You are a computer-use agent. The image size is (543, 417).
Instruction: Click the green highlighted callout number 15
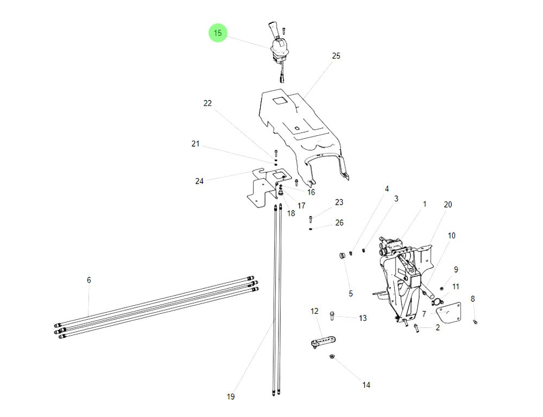[x=218, y=33]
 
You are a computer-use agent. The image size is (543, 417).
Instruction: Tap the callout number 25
[x=336, y=56]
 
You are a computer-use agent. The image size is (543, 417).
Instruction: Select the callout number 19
[x=231, y=397]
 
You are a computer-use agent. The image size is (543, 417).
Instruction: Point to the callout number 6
[x=89, y=280]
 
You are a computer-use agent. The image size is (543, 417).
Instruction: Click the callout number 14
[x=367, y=385]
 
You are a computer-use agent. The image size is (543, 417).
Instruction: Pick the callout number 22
[x=207, y=103]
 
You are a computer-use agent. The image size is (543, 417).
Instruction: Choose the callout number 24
[x=199, y=181]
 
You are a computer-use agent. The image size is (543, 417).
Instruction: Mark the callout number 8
[x=472, y=299]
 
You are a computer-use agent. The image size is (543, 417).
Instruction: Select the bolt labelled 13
[x=332, y=315]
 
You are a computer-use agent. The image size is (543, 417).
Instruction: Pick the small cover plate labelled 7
[x=449, y=314]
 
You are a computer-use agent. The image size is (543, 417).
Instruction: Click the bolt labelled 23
[x=311, y=219]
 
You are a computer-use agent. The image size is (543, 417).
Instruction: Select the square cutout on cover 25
[x=281, y=101]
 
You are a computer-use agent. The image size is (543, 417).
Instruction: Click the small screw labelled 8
[x=475, y=321]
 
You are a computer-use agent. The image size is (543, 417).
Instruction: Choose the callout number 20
[x=448, y=205]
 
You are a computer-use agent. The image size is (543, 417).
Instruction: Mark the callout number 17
[x=301, y=206]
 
